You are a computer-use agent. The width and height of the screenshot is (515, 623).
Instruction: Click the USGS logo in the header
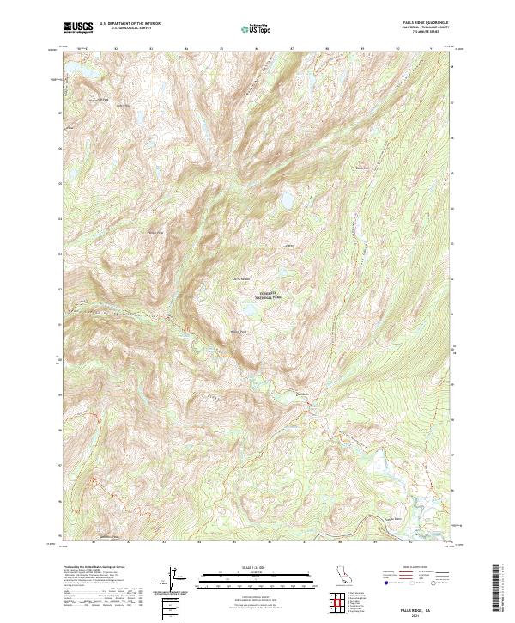[76, 28]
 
